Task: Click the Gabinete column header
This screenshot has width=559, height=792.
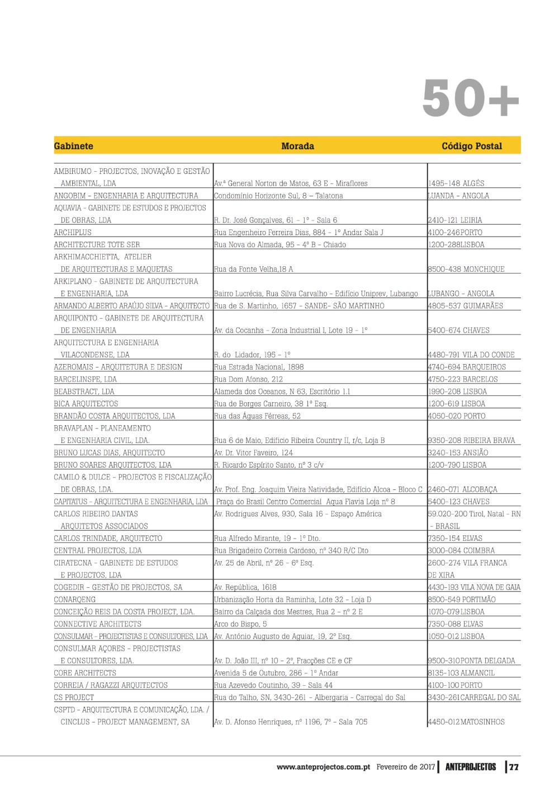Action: (73, 146)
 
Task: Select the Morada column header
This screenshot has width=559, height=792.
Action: (297, 146)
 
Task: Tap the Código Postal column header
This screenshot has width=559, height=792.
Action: (472, 146)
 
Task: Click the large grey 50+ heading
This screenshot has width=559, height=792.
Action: (471, 98)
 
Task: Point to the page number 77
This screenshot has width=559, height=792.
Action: (514, 767)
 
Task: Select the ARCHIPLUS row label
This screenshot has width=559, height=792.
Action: (73, 232)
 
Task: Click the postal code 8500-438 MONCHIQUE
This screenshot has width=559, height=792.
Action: (466, 269)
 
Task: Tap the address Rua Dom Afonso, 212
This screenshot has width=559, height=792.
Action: (248, 379)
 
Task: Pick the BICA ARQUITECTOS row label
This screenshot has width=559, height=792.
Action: (86, 403)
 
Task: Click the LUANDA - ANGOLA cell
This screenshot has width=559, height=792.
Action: (458, 196)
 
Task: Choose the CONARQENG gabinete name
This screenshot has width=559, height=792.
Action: (75, 600)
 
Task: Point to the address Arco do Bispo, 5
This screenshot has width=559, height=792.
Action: (240, 624)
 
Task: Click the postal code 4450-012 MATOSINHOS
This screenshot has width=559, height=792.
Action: (466, 722)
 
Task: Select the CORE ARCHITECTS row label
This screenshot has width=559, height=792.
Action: (85, 673)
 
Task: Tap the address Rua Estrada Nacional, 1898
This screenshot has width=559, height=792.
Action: (259, 367)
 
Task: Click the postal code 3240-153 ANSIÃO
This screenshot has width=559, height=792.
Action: (458, 452)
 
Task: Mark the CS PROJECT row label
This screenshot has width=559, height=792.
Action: (74, 697)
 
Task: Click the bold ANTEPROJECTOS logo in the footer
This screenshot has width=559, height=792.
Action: (471, 767)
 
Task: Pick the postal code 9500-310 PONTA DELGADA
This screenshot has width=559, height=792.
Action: (471, 661)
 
